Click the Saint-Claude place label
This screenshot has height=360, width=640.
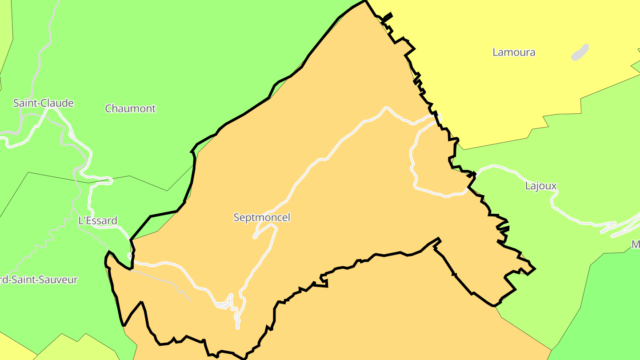pos(43,103)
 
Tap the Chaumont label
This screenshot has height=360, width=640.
pos(130,108)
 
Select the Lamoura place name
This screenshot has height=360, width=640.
pos(514,52)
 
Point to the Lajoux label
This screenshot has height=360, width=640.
pos(540,186)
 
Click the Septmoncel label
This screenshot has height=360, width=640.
pos(262,217)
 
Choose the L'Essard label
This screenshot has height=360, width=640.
pos(98,220)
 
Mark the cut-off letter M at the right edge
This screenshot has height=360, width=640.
pos(636,244)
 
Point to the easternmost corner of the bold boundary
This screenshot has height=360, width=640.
pos(535,268)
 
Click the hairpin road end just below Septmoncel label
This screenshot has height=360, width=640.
pos(255,237)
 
